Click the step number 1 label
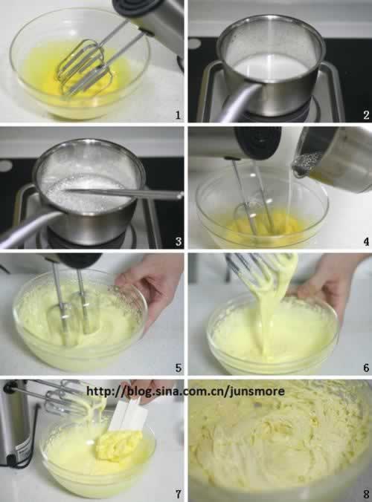tap(178, 115)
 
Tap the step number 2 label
tap(366, 115)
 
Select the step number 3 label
tap(179, 241)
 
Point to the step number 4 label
tap(366, 241)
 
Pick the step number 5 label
tap(179, 368)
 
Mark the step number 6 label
tap(366, 368)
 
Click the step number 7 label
tap(179, 494)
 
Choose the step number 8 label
tap(366, 494)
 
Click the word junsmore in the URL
tap(257, 391)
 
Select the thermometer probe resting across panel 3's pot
tap(124, 193)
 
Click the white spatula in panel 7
tap(128, 416)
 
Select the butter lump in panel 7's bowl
tap(118, 443)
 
